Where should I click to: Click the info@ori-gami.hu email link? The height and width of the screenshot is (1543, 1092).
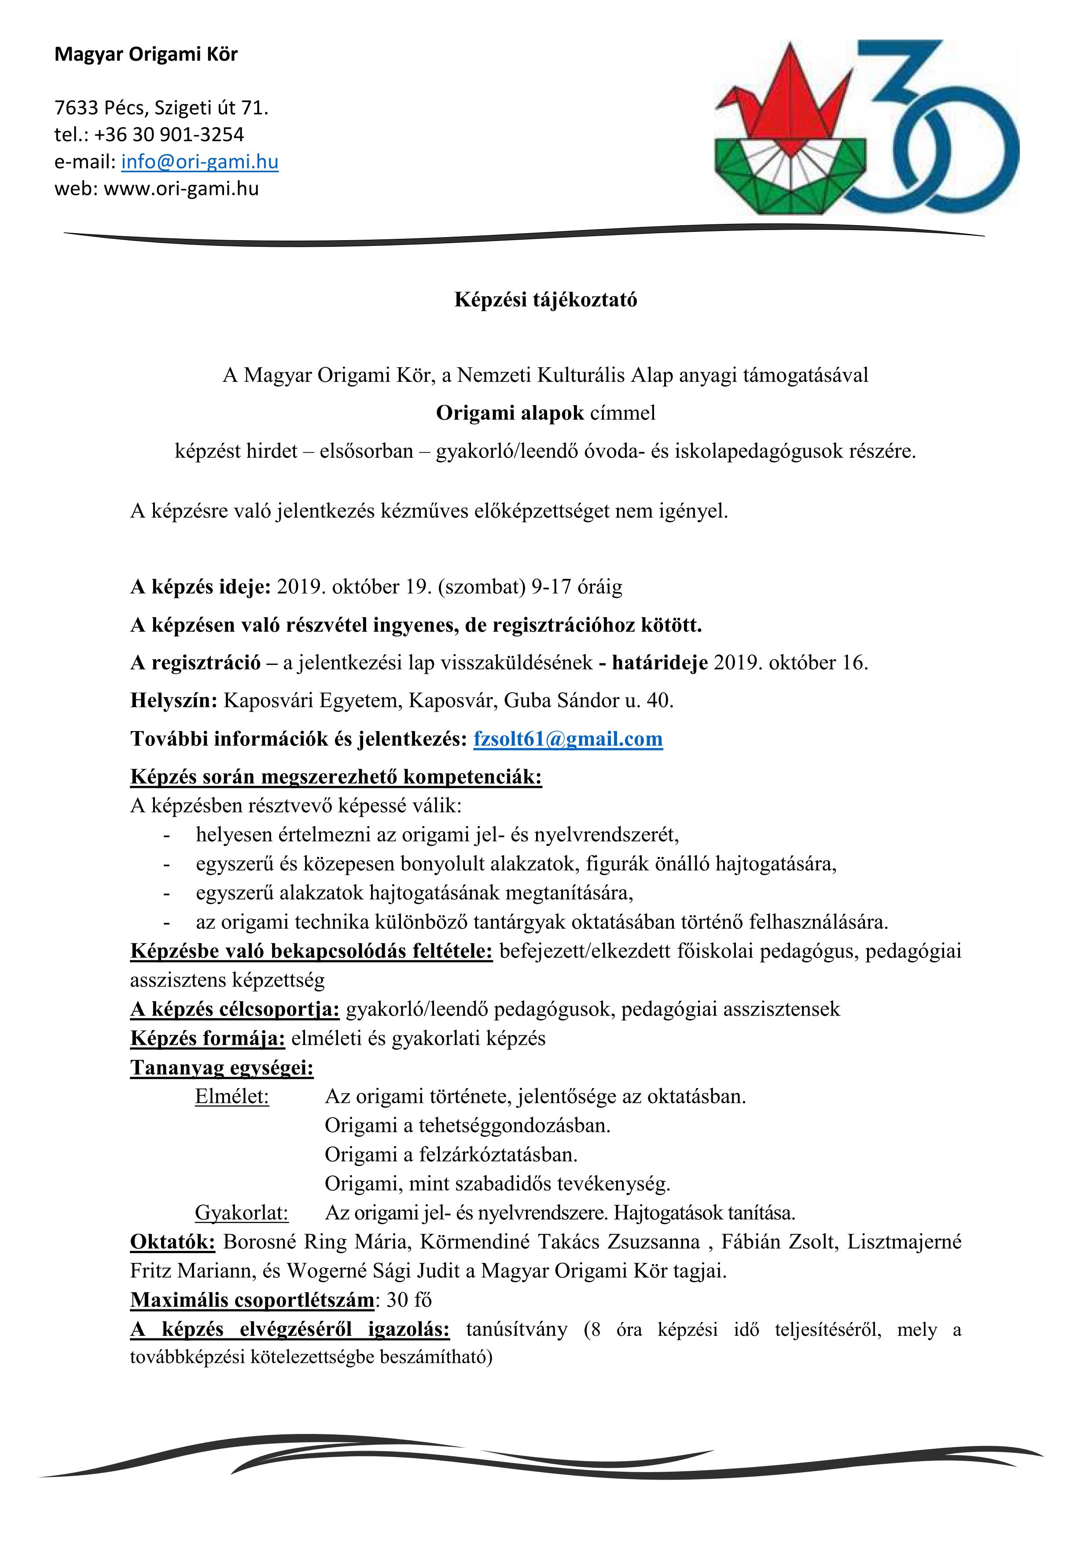[x=200, y=162]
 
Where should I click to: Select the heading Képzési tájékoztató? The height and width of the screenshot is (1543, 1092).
[x=545, y=300]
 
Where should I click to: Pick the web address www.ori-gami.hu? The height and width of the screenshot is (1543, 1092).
[x=181, y=189]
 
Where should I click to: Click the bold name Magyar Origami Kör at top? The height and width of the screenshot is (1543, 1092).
[x=146, y=55]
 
